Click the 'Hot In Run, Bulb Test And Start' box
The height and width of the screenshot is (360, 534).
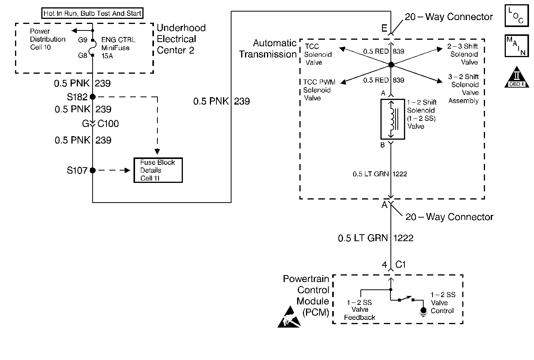pos(92,14)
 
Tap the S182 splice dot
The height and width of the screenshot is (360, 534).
pos(93,97)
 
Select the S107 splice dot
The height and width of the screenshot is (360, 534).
pos(93,170)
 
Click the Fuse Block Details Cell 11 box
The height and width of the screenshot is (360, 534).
pos(158,170)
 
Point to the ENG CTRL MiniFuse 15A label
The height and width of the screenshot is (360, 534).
pos(118,48)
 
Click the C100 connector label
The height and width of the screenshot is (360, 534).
pos(108,124)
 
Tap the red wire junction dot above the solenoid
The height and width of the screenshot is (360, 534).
pos(391,65)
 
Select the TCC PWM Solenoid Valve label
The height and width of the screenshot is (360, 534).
pos(319,90)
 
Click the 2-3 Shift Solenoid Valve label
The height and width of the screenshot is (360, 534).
pos(464,54)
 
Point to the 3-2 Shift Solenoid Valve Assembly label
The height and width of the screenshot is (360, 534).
pos(464,89)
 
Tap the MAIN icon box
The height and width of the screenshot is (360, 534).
pos(516,46)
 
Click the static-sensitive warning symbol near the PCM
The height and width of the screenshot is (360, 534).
pos(289,318)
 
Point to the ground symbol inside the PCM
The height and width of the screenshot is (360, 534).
pos(423,312)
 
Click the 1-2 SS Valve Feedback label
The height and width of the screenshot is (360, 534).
pos(359,310)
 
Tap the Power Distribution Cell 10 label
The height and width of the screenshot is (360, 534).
pos(47,39)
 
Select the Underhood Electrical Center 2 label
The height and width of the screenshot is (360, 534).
pos(181,39)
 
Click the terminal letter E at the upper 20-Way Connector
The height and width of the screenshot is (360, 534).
pos(384,28)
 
